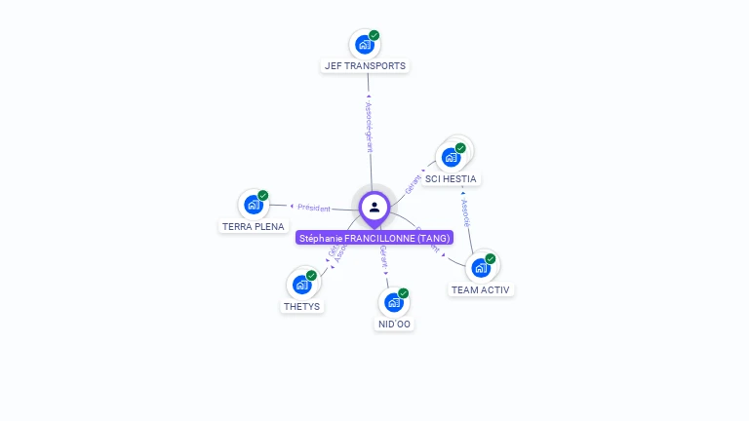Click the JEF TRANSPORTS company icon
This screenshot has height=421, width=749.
tap(365, 44)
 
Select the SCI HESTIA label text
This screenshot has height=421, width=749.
tap(451, 179)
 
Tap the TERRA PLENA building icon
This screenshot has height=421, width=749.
tap(254, 205)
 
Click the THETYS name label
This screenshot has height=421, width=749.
tap(301, 306)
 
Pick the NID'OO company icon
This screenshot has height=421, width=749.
tap(394, 302)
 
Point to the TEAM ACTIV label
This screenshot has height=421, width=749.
tap(480, 289)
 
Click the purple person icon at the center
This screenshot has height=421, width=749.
tap(374, 207)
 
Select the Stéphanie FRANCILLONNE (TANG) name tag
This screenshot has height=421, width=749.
tap(374, 238)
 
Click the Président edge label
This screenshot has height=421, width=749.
tap(314, 208)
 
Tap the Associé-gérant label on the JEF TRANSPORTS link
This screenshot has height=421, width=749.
tap(369, 127)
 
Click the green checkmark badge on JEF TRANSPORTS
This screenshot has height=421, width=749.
tap(374, 35)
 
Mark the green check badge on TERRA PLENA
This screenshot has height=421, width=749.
tap(263, 195)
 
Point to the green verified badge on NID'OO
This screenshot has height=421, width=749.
tap(404, 292)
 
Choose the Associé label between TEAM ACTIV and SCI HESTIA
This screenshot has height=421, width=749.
tap(466, 212)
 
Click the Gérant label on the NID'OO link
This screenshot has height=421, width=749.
tap(384, 257)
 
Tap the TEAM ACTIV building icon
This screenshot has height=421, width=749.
tap(480, 268)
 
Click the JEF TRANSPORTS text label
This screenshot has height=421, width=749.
tap(365, 66)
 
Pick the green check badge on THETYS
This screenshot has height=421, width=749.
tap(311, 276)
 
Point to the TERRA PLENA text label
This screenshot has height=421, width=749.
tap(254, 226)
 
